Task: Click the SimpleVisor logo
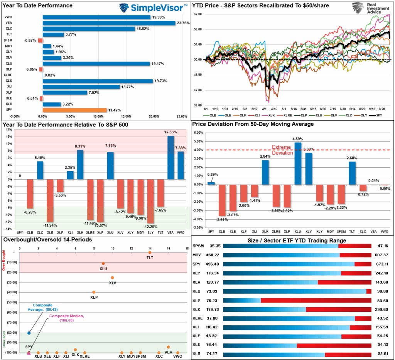[153, 8]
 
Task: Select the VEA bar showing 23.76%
[109, 23]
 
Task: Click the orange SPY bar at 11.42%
[74, 110]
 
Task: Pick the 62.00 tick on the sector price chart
[197, 14]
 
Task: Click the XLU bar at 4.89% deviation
[298, 163]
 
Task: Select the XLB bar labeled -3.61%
[222, 200]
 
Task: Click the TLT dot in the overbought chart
[150, 252]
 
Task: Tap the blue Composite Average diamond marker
[29, 333]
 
